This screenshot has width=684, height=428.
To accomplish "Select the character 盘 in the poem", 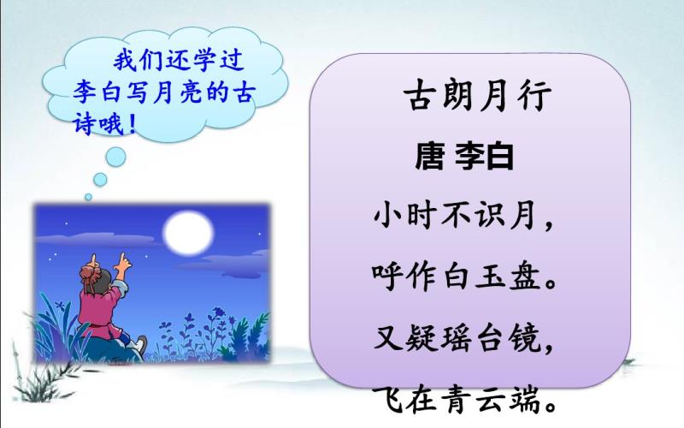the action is coord(525,276).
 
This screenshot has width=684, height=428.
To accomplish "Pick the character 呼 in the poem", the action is coord(388,276).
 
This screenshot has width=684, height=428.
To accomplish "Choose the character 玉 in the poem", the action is coord(491,276).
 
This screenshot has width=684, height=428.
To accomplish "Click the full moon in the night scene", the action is coord(188,233).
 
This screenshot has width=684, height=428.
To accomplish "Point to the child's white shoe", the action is coord(139,344).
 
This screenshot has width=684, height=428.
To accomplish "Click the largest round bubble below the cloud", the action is coord(115,157).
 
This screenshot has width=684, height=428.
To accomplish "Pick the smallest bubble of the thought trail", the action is coord(89,197).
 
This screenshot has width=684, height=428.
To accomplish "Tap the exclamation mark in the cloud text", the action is coord(133,125).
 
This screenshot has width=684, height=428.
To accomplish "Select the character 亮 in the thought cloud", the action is coord(190,92).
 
